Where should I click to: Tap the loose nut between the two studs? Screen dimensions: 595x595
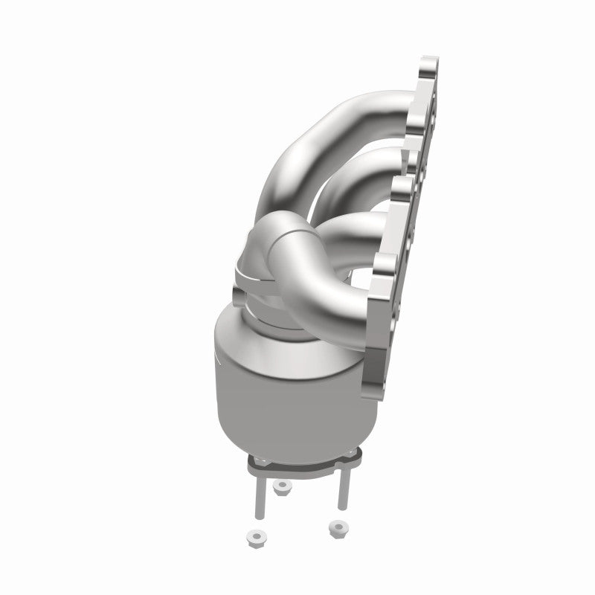point(282,487)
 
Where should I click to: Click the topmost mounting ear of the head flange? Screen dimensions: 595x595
point(430,71)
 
